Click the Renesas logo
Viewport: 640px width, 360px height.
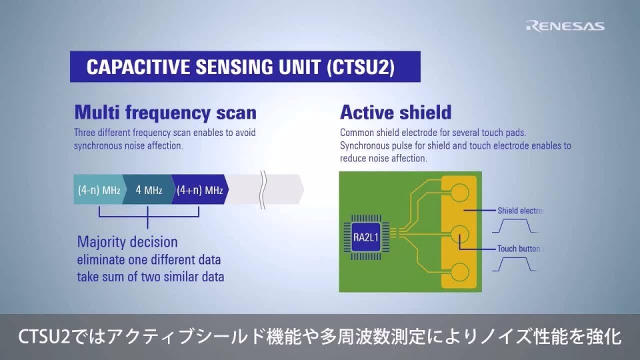(x=565, y=26)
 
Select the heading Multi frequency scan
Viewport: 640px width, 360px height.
(x=165, y=111)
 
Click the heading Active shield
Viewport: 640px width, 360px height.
(x=395, y=111)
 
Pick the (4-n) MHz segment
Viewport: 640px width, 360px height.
(x=98, y=190)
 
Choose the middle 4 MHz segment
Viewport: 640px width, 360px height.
(x=148, y=190)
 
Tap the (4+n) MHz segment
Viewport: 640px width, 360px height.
(x=199, y=190)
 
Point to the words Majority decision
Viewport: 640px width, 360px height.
(x=127, y=241)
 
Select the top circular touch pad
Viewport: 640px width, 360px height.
(x=459, y=193)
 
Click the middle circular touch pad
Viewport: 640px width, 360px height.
(x=459, y=235)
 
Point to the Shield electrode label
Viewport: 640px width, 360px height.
(x=521, y=211)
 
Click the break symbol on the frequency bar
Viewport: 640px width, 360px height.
(x=264, y=189)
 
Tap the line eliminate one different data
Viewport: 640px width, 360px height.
(x=149, y=259)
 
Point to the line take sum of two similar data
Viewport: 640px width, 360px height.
(x=151, y=276)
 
